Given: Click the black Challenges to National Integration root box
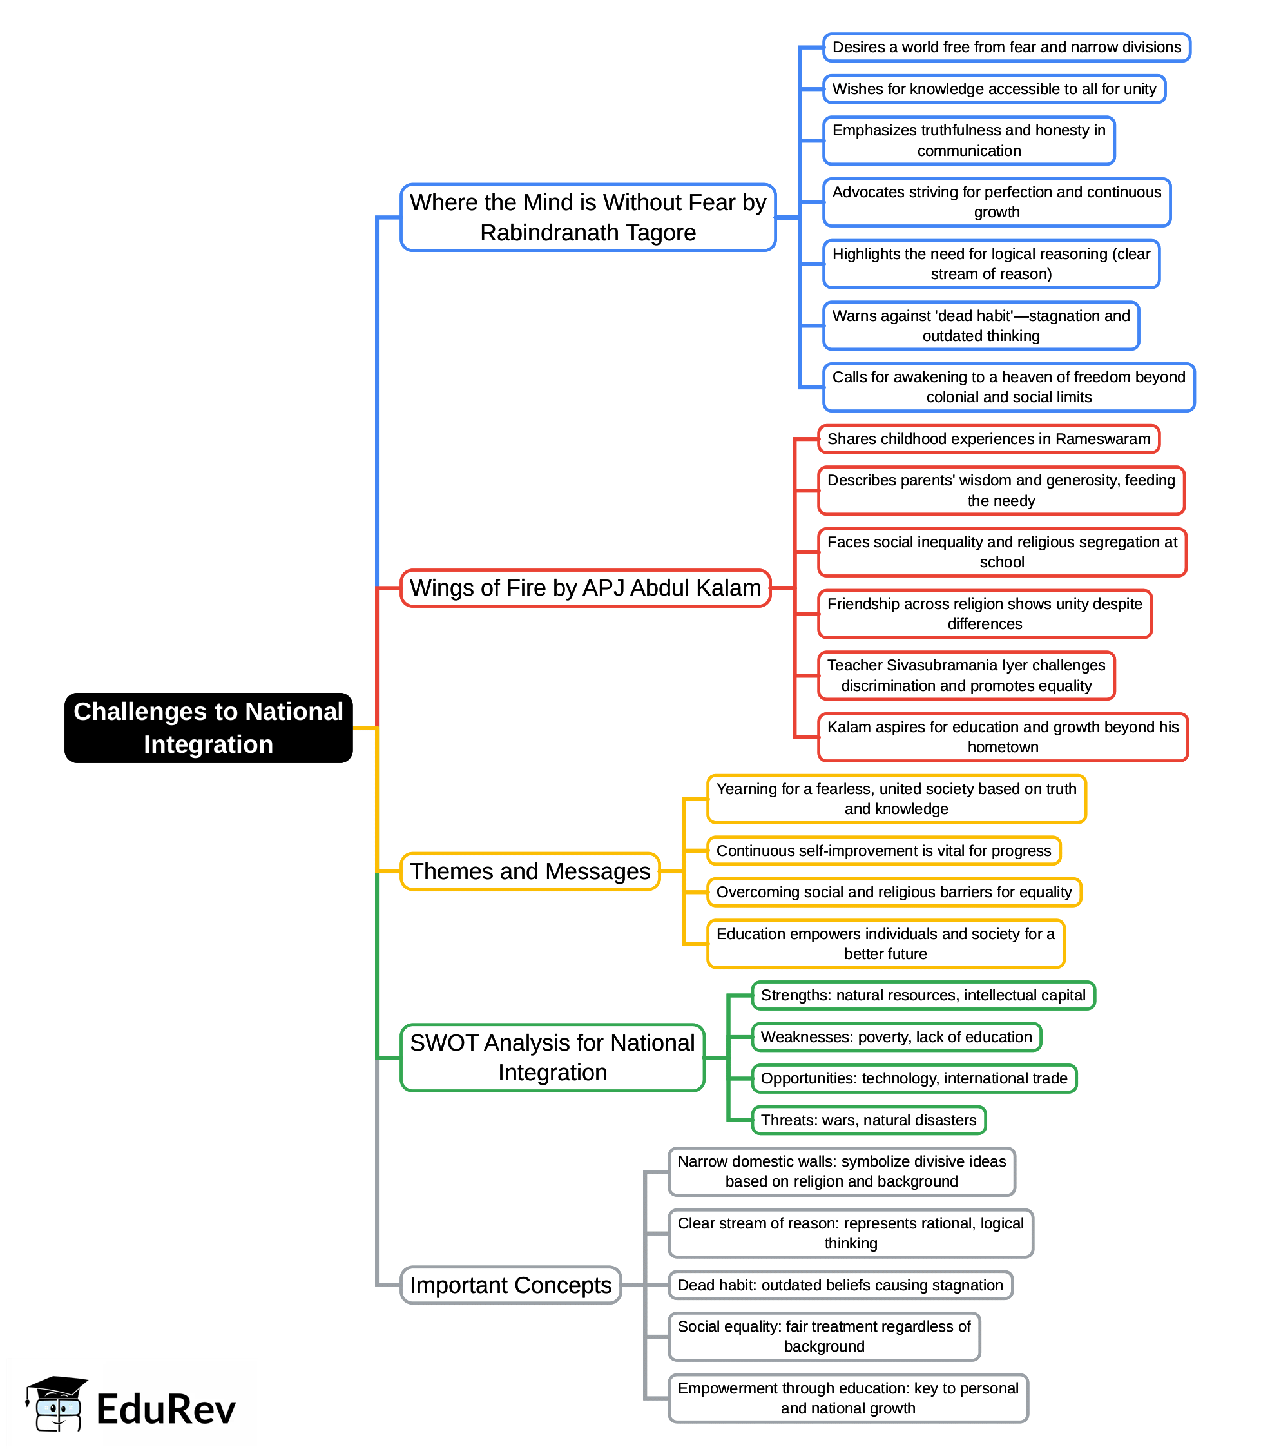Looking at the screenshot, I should pos(208,728).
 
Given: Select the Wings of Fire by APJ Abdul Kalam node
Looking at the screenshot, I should pos(586,588).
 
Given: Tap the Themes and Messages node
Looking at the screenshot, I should pos(530,871).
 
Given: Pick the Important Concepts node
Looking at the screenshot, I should pos(511,1285).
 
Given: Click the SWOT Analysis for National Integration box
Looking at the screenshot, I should pos(552,1057).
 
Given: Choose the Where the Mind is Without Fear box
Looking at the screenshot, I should pos(588,217).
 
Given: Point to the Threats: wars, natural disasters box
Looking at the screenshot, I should pos(869,1120).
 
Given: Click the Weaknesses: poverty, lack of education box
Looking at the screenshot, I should pos(896,1036).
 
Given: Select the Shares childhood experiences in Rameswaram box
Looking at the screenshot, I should pos(988,439).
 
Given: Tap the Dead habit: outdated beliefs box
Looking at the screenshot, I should pos(840,1285).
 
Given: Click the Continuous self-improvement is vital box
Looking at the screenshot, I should pos(883,851).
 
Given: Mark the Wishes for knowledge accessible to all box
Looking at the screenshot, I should pos(994,90).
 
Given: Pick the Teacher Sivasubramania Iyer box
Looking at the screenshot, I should pos(966,675).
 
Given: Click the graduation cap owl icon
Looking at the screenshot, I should pos(56,1404).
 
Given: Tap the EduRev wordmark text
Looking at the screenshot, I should pos(166,1410).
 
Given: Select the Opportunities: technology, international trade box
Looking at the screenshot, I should pos(914,1078).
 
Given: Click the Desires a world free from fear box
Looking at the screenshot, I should pos(1006,47).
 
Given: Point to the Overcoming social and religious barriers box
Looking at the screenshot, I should pos(894,892).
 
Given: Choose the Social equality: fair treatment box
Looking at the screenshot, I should pos(824,1336).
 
